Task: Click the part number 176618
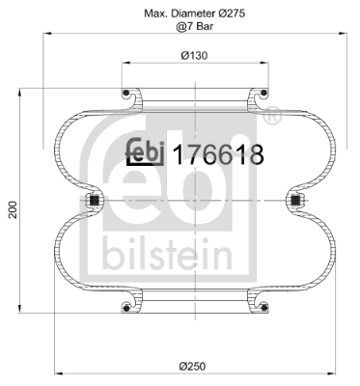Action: click(x=217, y=153)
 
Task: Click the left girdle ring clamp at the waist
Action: click(x=95, y=201)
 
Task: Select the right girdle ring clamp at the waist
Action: click(x=295, y=201)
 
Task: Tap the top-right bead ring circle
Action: click(x=263, y=94)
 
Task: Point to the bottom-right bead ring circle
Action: click(x=263, y=308)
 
